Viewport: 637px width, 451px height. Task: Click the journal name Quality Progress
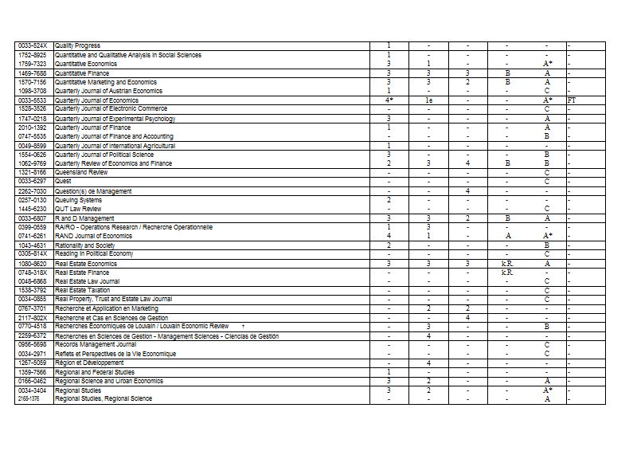pos(78,46)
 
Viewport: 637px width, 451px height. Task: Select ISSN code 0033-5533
pos(33,100)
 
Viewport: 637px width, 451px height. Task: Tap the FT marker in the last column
pos(572,100)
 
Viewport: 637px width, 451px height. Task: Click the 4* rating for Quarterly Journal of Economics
pos(389,100)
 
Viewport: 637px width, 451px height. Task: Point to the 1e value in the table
pos(428,100)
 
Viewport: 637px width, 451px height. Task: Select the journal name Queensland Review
pos(81,172)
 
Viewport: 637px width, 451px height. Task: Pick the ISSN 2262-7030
pos(33,191)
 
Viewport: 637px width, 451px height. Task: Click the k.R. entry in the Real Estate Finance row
pos(507,273)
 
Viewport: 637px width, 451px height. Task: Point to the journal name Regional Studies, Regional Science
pos(104,398)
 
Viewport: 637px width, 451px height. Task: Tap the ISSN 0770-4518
pos(33,326)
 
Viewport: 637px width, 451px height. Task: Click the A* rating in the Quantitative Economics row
pos(548,64)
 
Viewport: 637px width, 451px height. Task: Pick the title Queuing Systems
pos(78,200)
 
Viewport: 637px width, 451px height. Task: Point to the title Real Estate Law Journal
pos(88,281)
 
